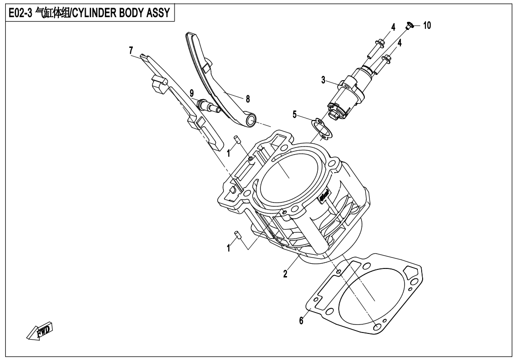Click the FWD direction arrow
(39, 332)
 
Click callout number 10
(427, 26)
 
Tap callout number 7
(131, 50)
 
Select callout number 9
(191, 92)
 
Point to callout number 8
(247, 99)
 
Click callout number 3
(323, 80)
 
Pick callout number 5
(295, 114)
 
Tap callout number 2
(285, 274)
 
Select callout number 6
(301, 321)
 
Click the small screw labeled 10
(410, 25)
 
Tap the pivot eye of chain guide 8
(250, 121)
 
